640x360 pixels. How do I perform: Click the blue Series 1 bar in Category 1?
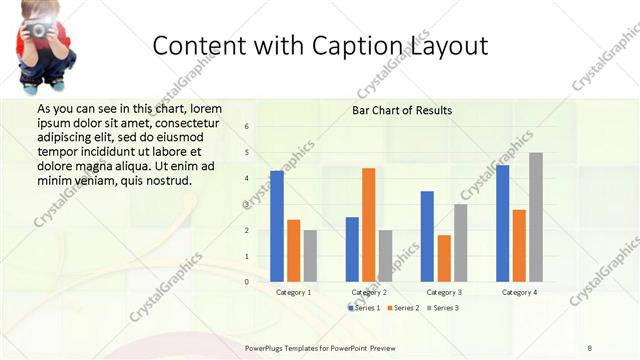point(277,226)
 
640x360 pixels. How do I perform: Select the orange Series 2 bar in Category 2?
point(368,225)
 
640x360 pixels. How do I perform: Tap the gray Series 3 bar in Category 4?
point(536,217)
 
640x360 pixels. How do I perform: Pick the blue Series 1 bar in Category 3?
point(427,236)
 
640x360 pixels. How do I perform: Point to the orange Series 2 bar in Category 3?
point(443,258)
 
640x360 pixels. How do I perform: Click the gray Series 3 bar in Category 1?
point(310,256)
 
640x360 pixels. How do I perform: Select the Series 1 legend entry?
point(363,308)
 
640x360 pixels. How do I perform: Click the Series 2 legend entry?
point(403,308)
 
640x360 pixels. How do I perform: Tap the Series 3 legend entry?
point(443,308)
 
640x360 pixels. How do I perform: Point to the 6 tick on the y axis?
point(247,127)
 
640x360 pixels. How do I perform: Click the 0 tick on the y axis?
point(247,282)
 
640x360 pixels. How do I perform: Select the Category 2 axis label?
point(369,292)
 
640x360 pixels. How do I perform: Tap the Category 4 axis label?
point(519,292)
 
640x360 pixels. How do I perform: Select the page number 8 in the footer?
point(589,347)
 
